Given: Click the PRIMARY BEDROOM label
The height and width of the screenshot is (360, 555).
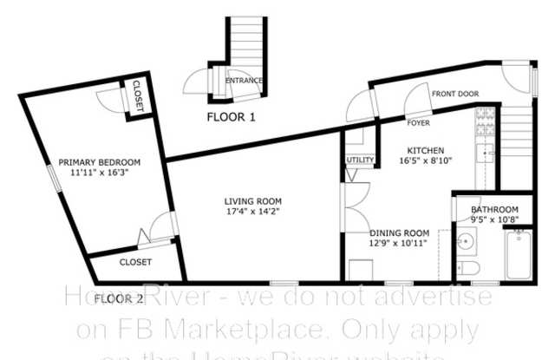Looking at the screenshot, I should pyautogui.click(x=99, y=161).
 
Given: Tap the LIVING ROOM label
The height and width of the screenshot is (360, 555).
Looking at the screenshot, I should pyautogui.click(x=251, y=200).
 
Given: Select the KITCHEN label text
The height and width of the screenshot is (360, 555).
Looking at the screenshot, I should pyautogui.click(x=426, y=150).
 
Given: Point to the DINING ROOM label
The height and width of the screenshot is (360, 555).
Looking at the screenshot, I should pyautogui.click(x=400, y=232).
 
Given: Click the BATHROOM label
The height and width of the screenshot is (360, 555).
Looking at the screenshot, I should pyautogui.click(x=494, y=209).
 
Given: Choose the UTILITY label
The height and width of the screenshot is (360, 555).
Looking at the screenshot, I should pyautogui.click(x=360, y=160).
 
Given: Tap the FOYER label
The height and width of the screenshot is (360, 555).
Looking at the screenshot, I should pyautogui.click(x=419, y=124).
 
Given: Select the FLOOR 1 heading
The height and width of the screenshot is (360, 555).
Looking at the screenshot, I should pyautogui.click(x=231, y=116).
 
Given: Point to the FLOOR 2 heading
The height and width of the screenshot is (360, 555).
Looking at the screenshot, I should pyautogui.click(x=119, y=299).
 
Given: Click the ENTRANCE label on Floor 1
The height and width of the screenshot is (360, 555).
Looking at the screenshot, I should pyautogui.click(x=244, y=81).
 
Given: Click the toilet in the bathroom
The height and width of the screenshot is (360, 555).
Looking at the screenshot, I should pyautogui.click(x=467, y=268).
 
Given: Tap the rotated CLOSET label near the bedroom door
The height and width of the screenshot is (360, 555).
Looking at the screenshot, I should pyautogui.click(x=139, y=96).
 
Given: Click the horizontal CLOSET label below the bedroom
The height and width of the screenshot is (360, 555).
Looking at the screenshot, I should pyautogui.click(x=135, y=261).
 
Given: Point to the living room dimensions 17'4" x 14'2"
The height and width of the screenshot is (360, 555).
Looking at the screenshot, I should pyautogui.click(x=251, y=211).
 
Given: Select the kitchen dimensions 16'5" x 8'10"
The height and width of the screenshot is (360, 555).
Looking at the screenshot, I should pyautogui.click(x=426, y=160).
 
